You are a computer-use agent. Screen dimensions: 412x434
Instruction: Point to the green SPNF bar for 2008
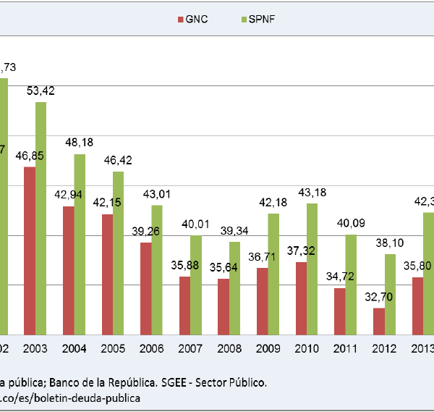[234, 287]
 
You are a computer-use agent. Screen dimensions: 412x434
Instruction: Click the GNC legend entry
[191, 20]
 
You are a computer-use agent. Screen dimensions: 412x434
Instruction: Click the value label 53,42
[41, 91]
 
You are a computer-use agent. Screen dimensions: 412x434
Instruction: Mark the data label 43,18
[312, 192]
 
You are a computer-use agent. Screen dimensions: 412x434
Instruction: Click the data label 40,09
[352, 223]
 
